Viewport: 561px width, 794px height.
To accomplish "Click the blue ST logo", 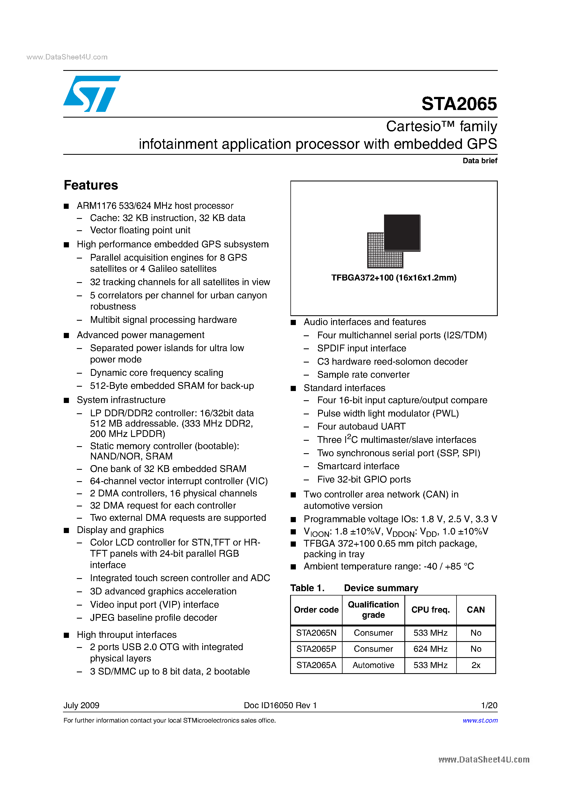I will (x=91, y=94).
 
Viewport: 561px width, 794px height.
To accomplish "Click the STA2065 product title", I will (x=459, y=104).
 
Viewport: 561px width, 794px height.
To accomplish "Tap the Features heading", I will (x=91, y=185).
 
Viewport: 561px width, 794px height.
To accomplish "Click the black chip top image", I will (x=402, y=232).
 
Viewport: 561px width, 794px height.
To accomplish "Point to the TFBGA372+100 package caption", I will (x=394, y=278).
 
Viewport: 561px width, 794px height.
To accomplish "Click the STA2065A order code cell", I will (x=316, y=665).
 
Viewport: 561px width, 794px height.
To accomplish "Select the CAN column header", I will (x=476, y=610).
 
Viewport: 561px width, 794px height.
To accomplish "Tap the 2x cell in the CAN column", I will (x=476, y=665).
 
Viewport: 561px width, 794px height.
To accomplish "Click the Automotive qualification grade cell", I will (x=373, y=665).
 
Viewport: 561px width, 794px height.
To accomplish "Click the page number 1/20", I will (x=489, y=705).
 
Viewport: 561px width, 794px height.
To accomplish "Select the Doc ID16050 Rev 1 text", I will (x=280, y=705).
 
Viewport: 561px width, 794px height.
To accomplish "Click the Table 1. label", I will (x=307, y=588).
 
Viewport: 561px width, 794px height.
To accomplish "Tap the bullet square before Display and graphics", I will (x=66, y=531).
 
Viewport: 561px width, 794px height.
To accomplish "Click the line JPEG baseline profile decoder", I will (x=153, y=618).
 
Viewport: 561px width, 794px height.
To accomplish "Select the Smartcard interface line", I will (x=358, y=466).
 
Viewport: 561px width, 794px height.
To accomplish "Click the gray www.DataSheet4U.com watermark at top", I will (x=67, y=57).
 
